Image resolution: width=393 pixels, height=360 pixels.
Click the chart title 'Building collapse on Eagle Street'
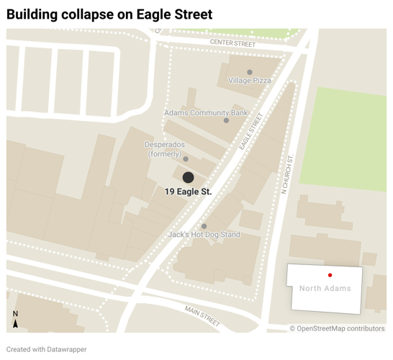click(x=109, y=14)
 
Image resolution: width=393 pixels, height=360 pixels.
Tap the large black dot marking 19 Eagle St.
click(x=188, y=177)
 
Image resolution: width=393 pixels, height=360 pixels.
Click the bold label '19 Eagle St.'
click(x=188, y=192)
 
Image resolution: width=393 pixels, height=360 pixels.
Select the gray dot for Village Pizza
click(x=250, y=72)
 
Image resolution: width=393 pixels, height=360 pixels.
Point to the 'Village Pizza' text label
click(x=250, y=81)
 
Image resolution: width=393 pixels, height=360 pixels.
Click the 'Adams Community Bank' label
click(x=206, y=113)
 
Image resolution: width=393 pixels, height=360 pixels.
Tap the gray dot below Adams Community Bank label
click(x=226, y=120)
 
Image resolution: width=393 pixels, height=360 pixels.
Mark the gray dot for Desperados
click(x=186, y=159)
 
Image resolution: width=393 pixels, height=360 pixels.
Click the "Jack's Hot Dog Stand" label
click(x=204, y=235)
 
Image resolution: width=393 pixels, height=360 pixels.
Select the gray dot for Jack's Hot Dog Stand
click(x=204, y=226)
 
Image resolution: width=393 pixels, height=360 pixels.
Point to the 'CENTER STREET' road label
click(x=233, y=44)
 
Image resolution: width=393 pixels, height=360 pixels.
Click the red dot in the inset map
click(x=330, y=275)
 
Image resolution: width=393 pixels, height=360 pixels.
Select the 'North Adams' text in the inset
click(x=325, y=289)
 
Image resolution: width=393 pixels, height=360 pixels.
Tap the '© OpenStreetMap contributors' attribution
click(x=337, y=328)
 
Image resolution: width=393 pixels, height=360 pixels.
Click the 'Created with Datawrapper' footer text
click(x=47, y=350)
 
